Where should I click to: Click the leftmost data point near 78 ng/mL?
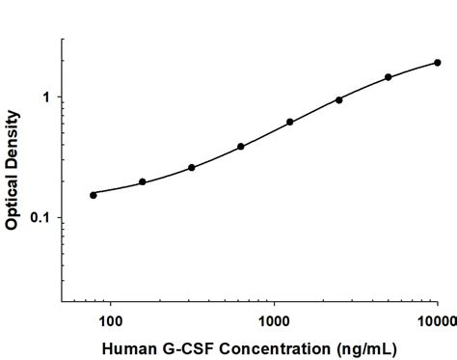pyautogui.click(x=94, y=195)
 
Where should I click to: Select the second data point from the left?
pyautogui.click(x=143, y=181)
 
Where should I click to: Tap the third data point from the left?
pyautogui.click(x=192, y=167)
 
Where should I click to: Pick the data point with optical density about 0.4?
pyautogui.click(x=241, y=147)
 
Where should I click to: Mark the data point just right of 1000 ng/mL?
pyautogui.click(x=290, y=123)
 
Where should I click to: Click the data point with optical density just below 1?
pyautogui.click(x=339, y=99)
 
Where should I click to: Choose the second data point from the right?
pyautogui.click(x=389, y=77)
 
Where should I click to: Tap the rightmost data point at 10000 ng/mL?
pyautogui.click(x=438, y=63)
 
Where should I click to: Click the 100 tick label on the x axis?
pyautogui.click(x=111, y=319)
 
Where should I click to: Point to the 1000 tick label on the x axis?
pyautogui.click(x=274, y=319)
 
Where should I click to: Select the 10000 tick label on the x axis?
pyautogui.click(x=436, y=319)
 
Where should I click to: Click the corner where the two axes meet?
pyautogui.click(x=63, y=303)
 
